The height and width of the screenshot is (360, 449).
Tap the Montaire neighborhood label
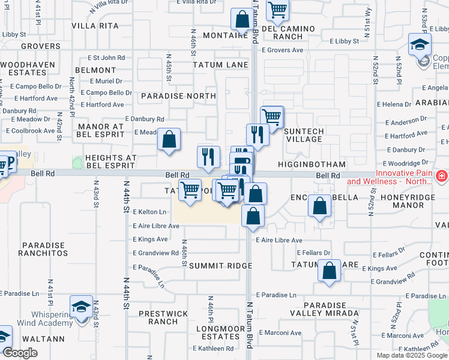225,35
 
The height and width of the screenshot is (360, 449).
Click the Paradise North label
178,96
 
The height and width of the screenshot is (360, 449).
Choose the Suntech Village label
304,135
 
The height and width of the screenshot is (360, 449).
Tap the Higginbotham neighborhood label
312,164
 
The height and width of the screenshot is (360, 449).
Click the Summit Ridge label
214,265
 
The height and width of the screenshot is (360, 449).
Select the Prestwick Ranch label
158,317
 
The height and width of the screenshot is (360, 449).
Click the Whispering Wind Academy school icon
81,307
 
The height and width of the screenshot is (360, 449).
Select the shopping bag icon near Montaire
242,20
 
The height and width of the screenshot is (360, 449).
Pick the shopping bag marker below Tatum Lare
330,271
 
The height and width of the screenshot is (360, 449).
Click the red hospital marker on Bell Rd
441,176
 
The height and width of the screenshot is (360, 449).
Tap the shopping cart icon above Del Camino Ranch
277,10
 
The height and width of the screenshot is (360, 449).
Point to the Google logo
21,353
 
